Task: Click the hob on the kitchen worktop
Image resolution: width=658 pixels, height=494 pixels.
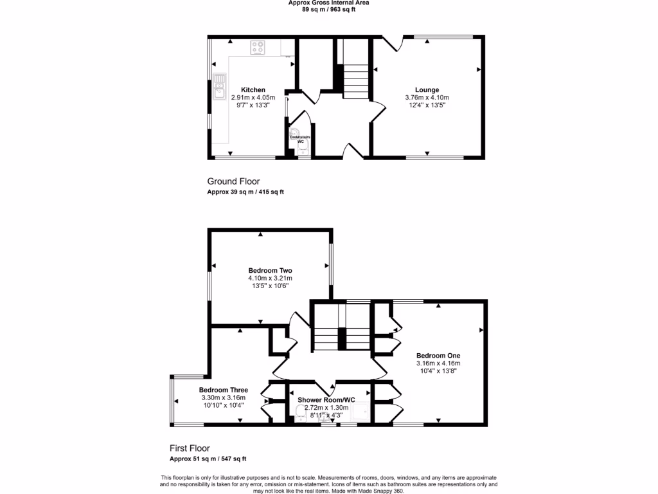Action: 258,48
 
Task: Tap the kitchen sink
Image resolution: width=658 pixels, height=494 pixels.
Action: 219,84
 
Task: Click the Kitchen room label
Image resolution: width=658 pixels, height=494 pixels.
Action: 253,90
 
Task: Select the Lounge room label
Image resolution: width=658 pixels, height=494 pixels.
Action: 427,90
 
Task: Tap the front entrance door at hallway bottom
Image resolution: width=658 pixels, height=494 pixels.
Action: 353,151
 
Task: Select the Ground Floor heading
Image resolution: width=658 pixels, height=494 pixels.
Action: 233,181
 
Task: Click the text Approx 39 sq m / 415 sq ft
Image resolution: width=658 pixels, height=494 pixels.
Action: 245,192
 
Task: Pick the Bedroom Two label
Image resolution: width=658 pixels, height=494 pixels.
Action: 271,270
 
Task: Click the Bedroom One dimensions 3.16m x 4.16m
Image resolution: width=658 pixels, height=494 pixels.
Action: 438,363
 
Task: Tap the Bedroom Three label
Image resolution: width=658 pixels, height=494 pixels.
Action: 223,390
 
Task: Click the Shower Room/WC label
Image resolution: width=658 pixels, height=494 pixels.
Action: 326,400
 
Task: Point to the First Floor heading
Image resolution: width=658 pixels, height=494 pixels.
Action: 190,448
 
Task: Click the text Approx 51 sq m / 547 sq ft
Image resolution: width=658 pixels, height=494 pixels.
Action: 208,459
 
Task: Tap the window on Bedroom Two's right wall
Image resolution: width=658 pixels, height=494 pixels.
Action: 332,264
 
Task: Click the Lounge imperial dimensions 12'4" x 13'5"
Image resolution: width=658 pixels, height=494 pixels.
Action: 427,105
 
